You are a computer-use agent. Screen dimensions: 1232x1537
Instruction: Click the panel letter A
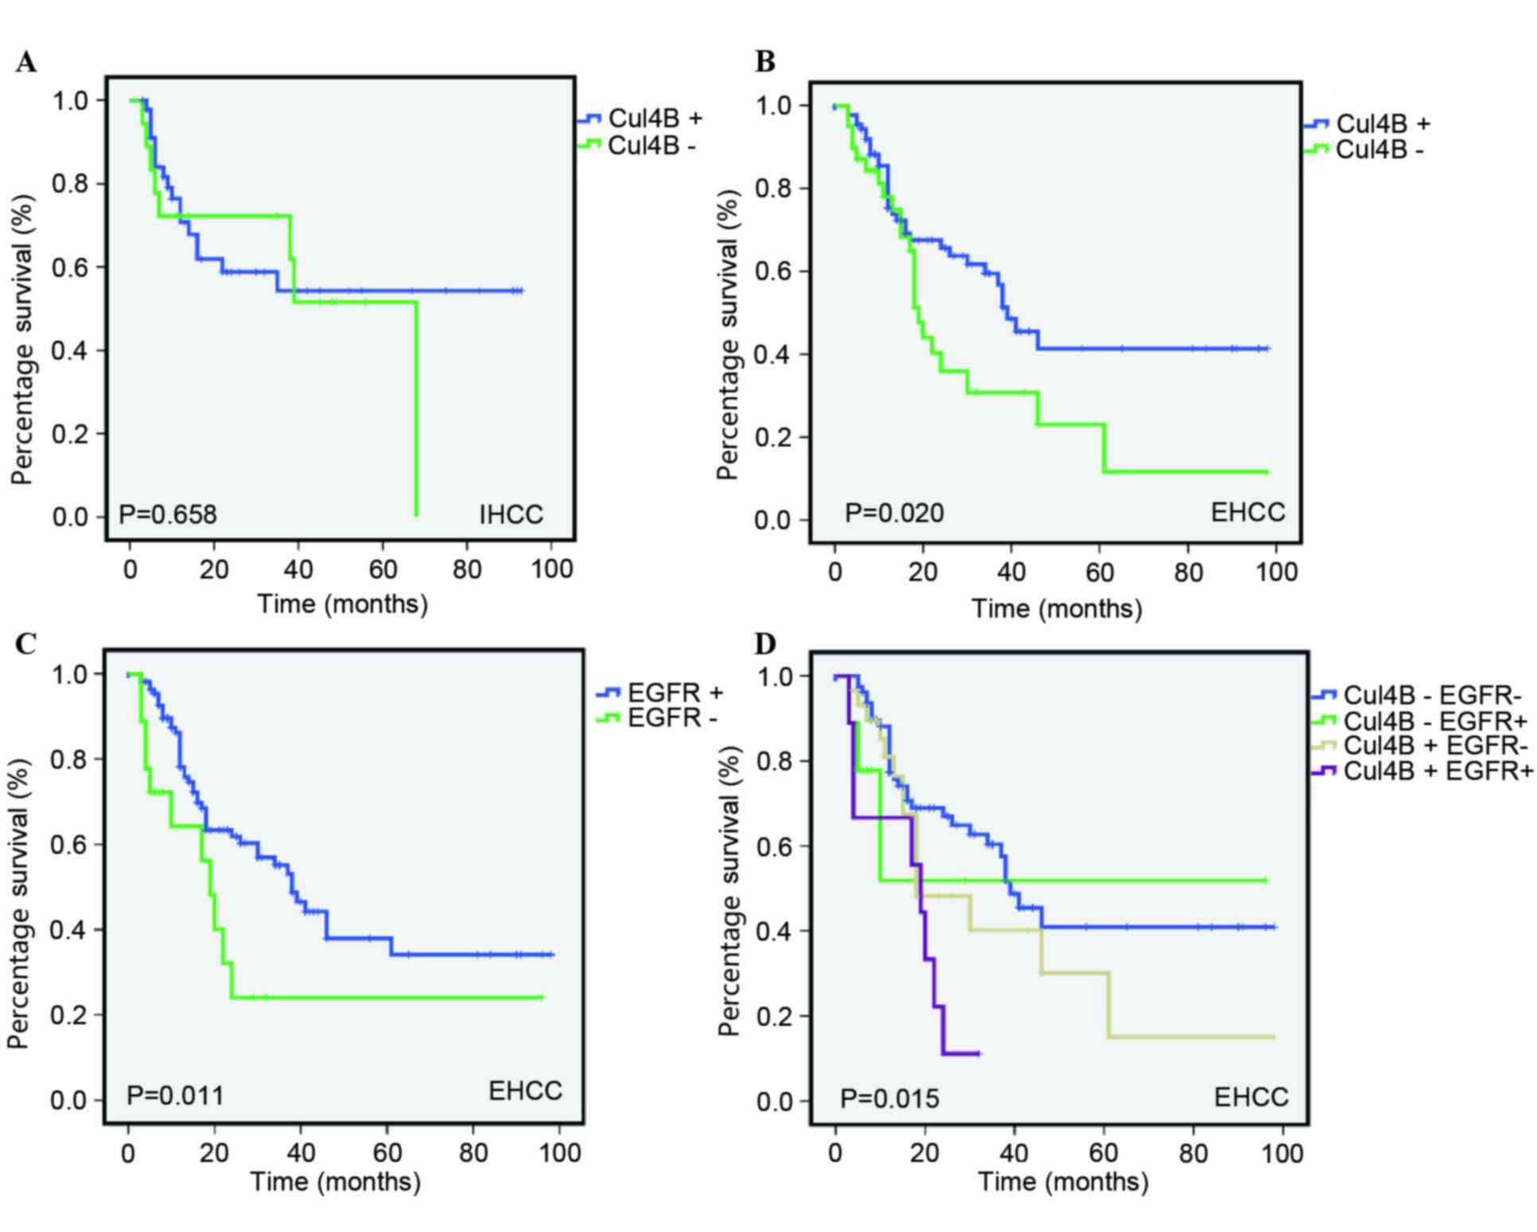point(25,62)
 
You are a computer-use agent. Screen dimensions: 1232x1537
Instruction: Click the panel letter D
point(765,644)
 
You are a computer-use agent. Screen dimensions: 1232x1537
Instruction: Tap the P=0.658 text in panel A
point(167,515)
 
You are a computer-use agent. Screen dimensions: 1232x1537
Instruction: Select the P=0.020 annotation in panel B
point(894,513)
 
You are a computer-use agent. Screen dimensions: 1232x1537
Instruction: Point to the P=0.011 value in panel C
point(175,1096)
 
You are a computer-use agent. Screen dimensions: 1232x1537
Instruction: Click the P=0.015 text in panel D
point(889,1099)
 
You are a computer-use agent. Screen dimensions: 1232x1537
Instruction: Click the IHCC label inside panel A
point(511,515)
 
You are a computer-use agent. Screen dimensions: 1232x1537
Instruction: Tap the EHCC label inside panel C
point(525,1090)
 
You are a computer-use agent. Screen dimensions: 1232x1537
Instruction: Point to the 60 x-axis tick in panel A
point(383,570)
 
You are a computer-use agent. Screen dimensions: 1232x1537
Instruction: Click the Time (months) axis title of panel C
point(336,1181)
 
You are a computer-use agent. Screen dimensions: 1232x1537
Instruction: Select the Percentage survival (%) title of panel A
point(23,341)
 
